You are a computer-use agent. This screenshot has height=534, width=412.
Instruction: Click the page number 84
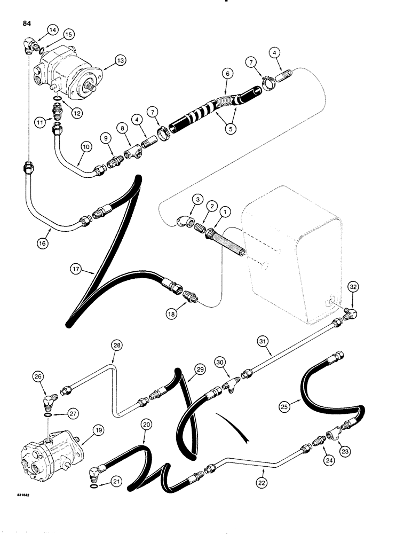pos(27,23)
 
